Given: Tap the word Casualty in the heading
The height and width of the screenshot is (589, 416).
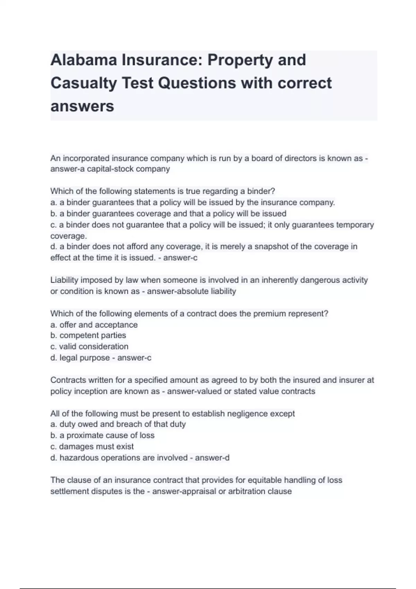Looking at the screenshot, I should (84, 83).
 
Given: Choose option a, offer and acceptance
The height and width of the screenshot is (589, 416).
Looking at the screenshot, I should (94, 325).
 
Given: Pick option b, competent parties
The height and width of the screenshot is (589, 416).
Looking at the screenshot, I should (88, 335).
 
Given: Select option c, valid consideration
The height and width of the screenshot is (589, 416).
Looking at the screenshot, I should (89, 346).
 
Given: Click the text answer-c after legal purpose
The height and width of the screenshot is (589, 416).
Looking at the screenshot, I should (134, 358).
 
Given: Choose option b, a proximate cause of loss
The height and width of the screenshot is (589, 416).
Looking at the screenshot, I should (103, 436).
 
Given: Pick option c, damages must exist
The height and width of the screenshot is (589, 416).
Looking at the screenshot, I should (92, 447).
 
